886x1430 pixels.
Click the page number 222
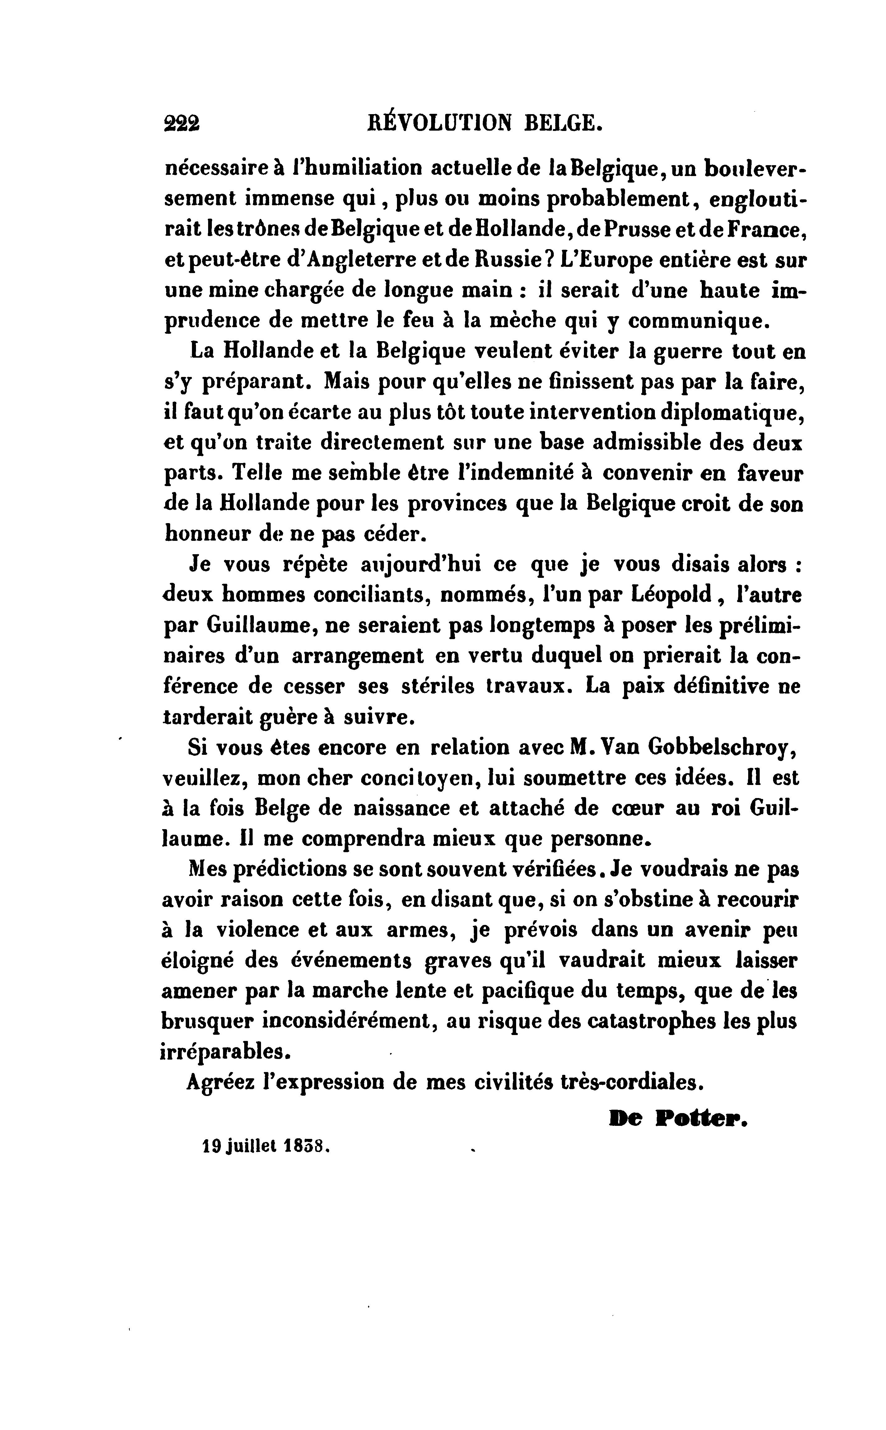(182, 123)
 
